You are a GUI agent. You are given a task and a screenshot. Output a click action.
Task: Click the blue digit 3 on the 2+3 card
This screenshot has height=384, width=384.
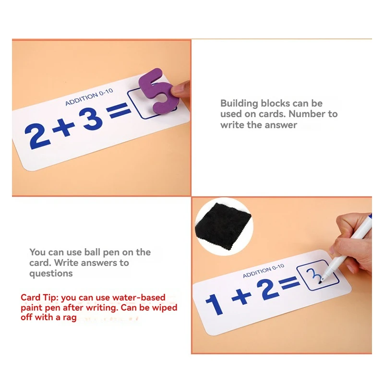pyautogui.click(x=92, y=120)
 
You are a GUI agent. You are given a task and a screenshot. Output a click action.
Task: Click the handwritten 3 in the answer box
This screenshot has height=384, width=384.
pyautogui.click(x=312, y=277)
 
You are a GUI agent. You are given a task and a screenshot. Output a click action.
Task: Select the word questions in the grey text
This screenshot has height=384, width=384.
pyautogui.click(x=51, y=273)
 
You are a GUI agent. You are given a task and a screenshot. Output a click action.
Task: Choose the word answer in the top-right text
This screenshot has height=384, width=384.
pyautogui.click(x=282, y=125)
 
